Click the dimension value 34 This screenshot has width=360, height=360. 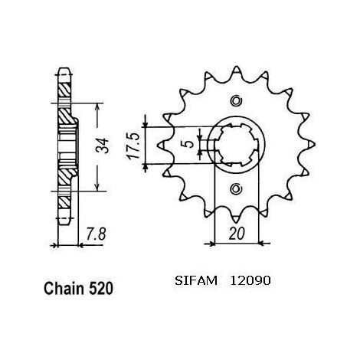pyautogui.click(x=103, y=146)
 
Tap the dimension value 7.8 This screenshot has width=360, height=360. pyautogui.click(x=96, y=234)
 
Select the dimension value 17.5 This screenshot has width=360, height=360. pyautogui.click(x=134, y=146)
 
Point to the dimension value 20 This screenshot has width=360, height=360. pyautogui.click(x=237, y=234)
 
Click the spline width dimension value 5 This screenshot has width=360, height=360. pyautogui.click(x=189, y=144)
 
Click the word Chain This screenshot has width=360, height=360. pyautogui.click(x=64, y=289)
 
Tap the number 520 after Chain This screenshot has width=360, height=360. pyautogui.click(x=100, y=289)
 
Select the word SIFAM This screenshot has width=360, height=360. pyautogui.click(x=196, y=281)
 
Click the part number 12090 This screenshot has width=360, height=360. pyautogui.click(x=250, y=281)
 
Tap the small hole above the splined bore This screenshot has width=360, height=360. pyautogui.click(x=236, y=101)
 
